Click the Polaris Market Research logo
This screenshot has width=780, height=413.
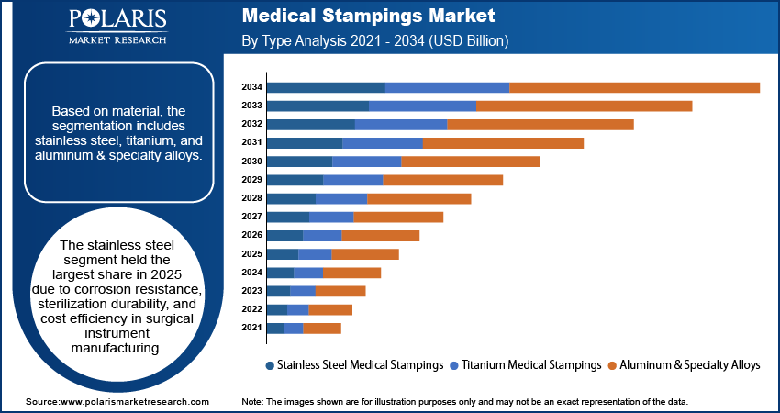(117, 28)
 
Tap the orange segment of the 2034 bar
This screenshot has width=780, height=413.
(634, 87)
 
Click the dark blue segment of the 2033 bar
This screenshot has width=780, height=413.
(317, 106)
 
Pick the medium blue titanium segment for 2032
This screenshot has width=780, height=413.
(400, 124)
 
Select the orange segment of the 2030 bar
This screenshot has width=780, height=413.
(470, 162)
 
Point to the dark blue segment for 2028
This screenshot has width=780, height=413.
(290, 198)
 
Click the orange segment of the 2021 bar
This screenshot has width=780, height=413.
(321, 328)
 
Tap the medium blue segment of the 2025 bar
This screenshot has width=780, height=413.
(315, 253)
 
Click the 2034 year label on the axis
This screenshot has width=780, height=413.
(251, 87)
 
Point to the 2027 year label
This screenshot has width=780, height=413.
(251, 217)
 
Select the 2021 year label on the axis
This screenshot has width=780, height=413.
(251, 328)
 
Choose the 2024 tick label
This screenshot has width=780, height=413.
(251, 273)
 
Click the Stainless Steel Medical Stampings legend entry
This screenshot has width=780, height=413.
(353, 364)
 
